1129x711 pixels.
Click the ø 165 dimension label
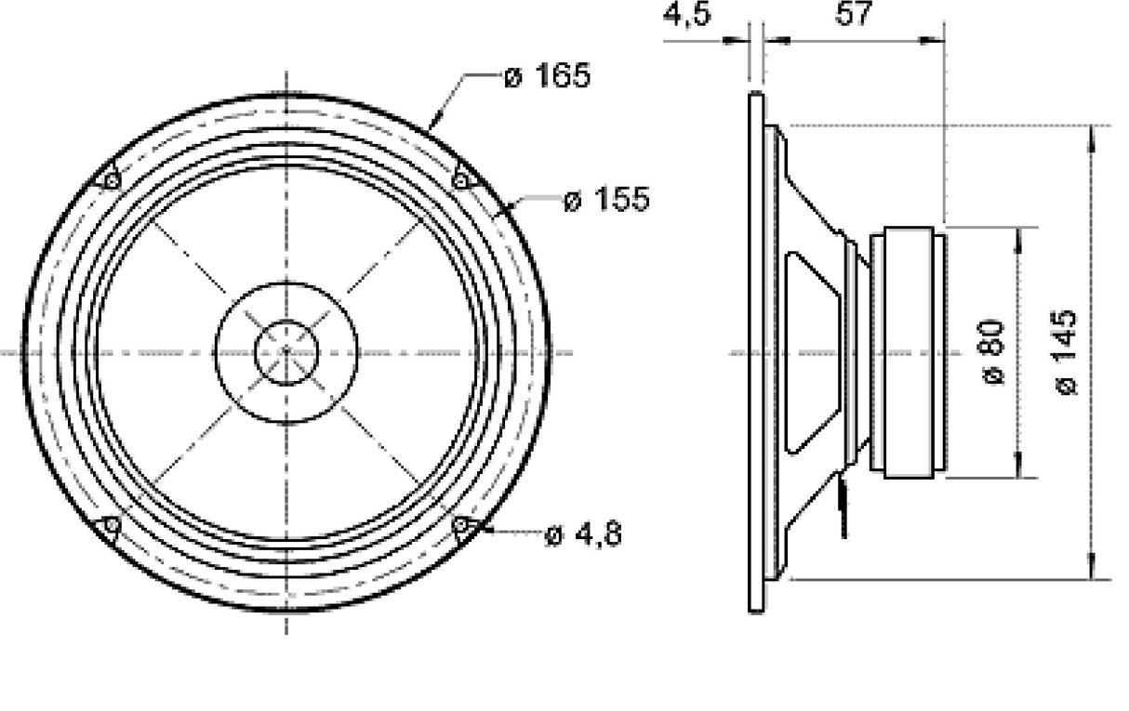pyautogui.click(x=547, y=76)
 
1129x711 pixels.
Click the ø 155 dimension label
pyautogui.click(x=606, y=199)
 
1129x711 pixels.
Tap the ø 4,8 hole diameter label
pyautogui.click(x=583, y=534)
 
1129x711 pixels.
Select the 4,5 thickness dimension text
pyautogui.click(x=687, y=16)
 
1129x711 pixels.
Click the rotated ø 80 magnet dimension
pyautogui.click(x=992, y=351)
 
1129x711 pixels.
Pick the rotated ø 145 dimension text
pyautogui.click(x=1067, y=351)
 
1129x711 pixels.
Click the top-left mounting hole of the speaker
pyautogui.click(x=111, y=180)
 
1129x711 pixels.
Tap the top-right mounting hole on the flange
pyautogui.click(x=461, y=180)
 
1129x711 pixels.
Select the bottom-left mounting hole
pyautogui.click(x=111, y=526)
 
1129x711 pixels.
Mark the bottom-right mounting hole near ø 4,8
pyautogui.click(x=461, y=526)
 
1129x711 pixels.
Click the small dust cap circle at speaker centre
pyautogui.click(x=286, y=351)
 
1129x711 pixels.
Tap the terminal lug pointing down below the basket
pyautogui.click(x=843, y=507)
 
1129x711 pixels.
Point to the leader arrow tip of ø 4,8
pyautogui.click(x=476, y=531)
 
